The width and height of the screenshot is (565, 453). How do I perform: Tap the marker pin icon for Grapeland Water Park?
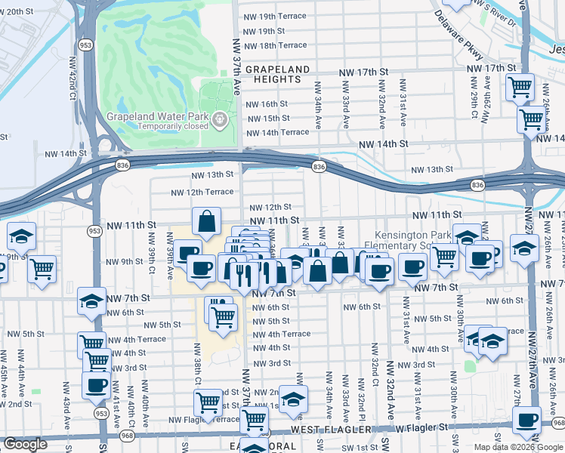[219, 119]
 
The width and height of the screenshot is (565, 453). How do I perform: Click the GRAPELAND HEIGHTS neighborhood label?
[277, 74]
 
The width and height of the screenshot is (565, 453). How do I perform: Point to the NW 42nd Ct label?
[73, 85]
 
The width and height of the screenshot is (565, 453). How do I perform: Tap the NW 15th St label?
[268, 119]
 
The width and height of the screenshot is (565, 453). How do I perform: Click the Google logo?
[25, 444]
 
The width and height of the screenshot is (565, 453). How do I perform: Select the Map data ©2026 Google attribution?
[518, 447]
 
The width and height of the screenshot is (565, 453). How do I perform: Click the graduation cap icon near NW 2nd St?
[293, 398]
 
